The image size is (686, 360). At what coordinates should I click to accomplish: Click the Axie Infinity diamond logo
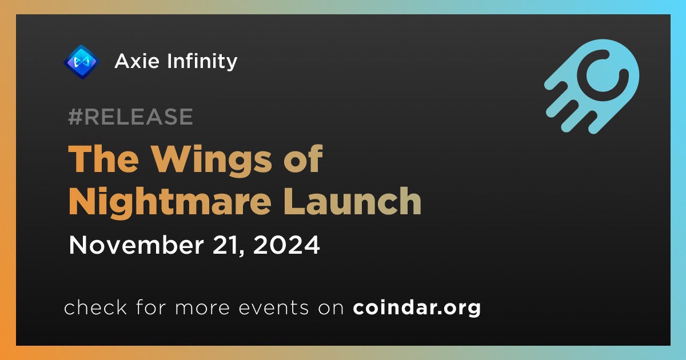(x=81, y=62)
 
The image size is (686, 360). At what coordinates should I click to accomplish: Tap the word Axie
(x=137, y=61)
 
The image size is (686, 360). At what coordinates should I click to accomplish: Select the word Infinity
(x=202, y=62)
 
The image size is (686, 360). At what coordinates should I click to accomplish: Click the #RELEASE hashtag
(x=130, y=117)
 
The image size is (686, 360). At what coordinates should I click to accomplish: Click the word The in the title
(x=103, y=159)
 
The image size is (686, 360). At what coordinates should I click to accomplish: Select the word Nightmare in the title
(x=170, y=202)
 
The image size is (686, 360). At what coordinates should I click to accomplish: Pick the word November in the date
(x=136, y=245)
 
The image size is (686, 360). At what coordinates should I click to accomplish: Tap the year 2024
(x=286, y=245)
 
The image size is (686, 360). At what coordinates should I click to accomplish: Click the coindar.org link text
(x=417, y=307)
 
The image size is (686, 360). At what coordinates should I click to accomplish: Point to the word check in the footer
(x=95, y=307)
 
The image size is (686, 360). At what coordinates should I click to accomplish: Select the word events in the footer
(x=273, y=307)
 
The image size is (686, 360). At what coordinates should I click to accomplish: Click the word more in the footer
(x=202, y=308)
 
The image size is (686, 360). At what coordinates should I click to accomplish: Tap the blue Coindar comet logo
(x=592, y=86)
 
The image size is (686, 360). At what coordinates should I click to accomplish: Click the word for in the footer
(x=151, y=307)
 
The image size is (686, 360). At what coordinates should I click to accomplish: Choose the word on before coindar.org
(x=331, y=308)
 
